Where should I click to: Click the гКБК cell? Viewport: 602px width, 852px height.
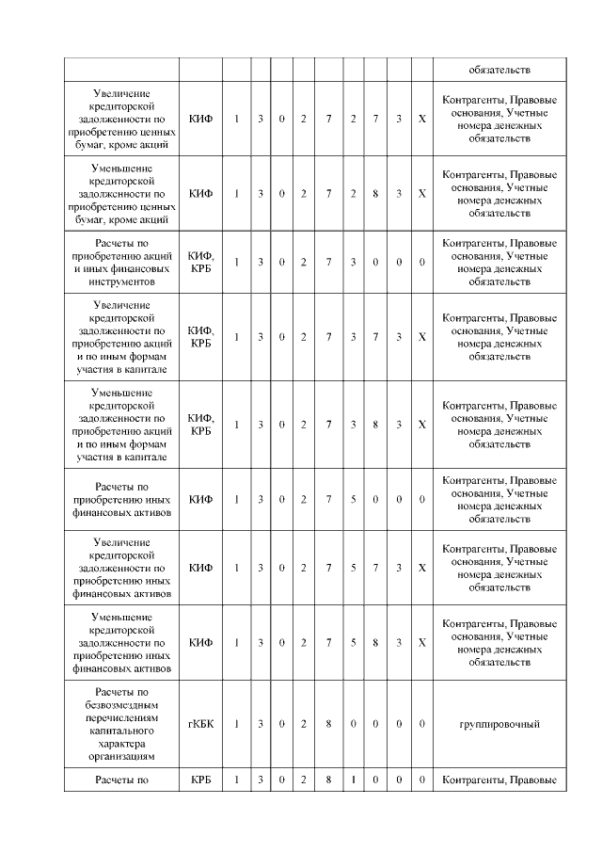[200, 724]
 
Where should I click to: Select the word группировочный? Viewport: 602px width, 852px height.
[499, 724]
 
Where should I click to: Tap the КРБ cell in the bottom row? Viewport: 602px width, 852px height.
[200, 780]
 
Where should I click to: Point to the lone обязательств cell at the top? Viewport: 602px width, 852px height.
[499, 69]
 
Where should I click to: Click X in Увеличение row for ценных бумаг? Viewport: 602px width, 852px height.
[421, 119]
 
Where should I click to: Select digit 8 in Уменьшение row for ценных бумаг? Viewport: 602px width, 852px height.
[375, 193]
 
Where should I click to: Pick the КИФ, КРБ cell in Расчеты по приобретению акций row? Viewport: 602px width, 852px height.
[200, 262]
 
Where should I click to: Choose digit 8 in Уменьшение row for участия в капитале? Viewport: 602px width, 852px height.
[375, 425]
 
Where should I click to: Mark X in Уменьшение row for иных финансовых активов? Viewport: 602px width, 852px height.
[421, 643]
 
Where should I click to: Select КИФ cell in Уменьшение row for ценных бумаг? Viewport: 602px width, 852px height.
[200, 193]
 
